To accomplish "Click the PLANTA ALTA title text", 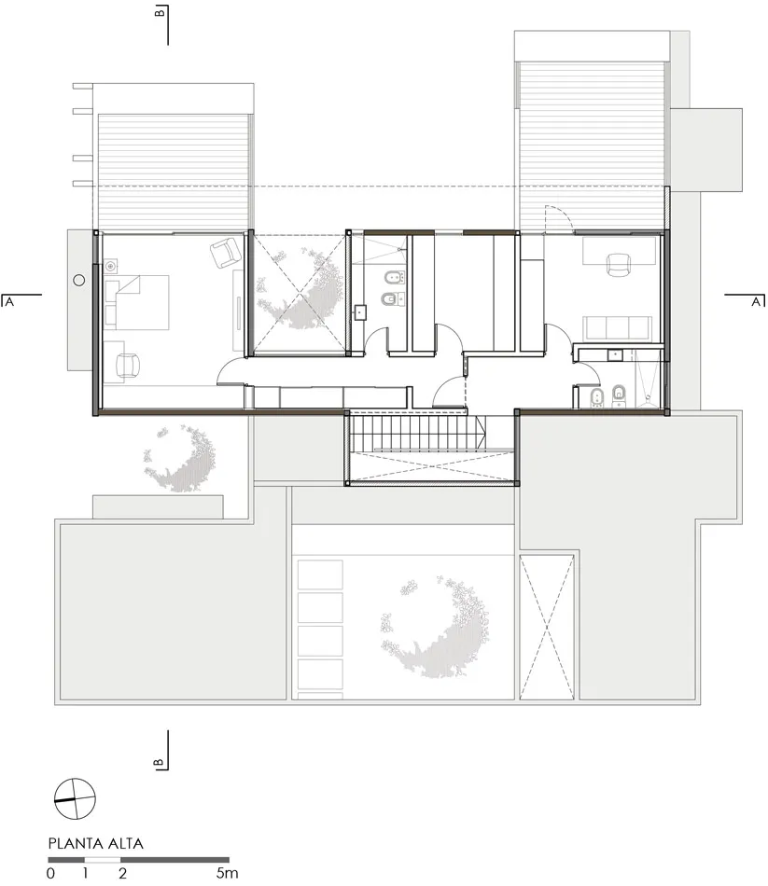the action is (95, 844).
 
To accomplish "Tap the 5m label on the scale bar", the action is (227, 872).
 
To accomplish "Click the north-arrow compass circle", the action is (76, 798).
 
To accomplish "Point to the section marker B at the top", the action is (161, 11).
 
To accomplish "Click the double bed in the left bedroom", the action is (137, 302).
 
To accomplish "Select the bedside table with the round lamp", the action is (111, 265).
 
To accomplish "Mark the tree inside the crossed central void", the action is (299, 289).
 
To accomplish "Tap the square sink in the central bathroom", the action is (360, 312).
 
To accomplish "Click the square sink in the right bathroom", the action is (615, 355).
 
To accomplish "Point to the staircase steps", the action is (416, 432).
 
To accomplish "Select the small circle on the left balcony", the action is (79, 281).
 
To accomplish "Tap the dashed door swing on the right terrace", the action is (556, 217).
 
